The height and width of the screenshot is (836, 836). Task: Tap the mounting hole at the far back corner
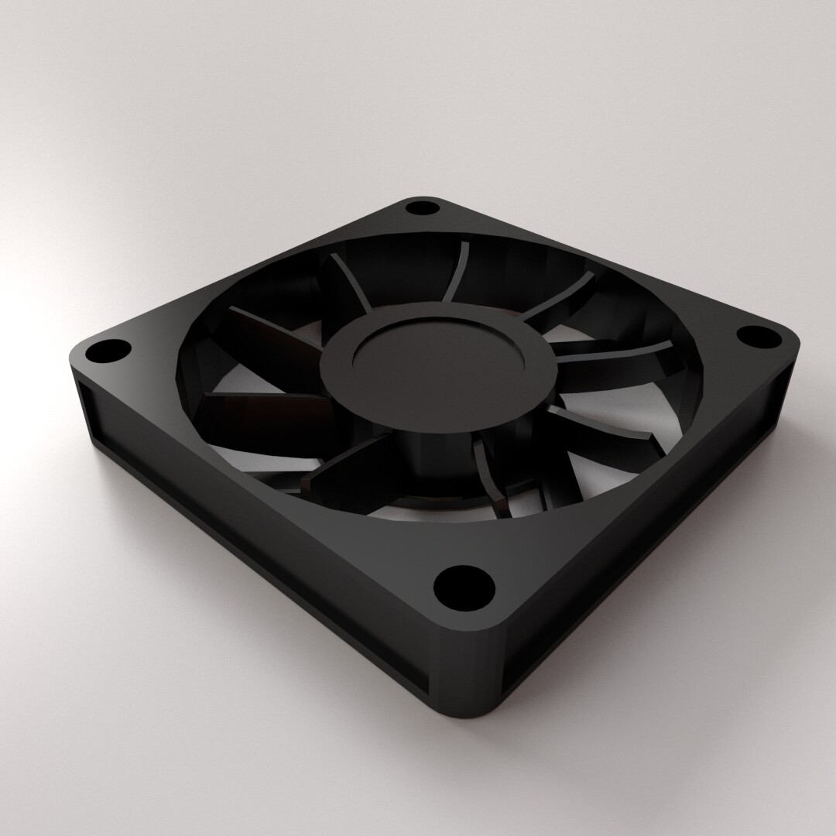click(421, 207)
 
